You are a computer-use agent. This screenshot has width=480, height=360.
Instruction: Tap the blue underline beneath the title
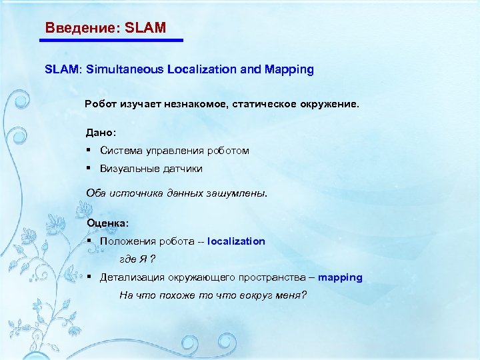pos(111,41)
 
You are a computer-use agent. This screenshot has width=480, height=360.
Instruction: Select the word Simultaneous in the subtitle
pos(124,69)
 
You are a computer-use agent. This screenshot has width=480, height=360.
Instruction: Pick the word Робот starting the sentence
pos(100,105)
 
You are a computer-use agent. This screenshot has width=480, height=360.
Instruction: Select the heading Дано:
pos(101,133)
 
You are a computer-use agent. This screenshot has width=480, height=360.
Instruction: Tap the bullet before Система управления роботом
pos(89,151)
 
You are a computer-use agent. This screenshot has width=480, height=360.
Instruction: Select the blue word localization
pos(236,241)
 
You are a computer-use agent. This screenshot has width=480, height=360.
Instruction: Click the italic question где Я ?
pos(137,259)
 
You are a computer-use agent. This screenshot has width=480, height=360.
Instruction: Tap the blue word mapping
pos(340,277)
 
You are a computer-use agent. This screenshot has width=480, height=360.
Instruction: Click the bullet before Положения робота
pos(89,241)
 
